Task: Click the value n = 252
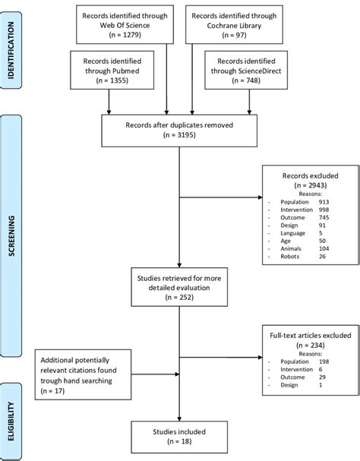click(x=179, y=311)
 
